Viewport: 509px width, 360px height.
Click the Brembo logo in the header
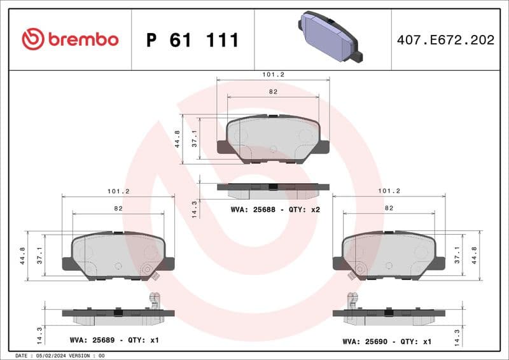click(70, 39)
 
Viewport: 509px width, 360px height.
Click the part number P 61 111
click(192, 40)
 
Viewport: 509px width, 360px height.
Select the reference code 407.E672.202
click(445, 40)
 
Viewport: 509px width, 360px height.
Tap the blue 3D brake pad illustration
click(329, 37)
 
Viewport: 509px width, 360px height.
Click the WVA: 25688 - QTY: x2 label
click(274, 209)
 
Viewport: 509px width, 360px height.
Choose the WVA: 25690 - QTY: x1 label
click(387, 341)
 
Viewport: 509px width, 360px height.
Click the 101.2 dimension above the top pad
click(273, 74)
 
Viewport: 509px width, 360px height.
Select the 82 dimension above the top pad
click(273, 92)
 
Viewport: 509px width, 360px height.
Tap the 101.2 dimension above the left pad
click(118, 191)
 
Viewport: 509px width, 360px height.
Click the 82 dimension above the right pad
click(389, 208)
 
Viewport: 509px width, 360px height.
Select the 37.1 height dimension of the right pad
click(457, 255)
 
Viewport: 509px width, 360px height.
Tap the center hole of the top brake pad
click(273, 149)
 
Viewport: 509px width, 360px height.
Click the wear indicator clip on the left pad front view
click(150, 272)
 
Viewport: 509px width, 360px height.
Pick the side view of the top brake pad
click(273, 189)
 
